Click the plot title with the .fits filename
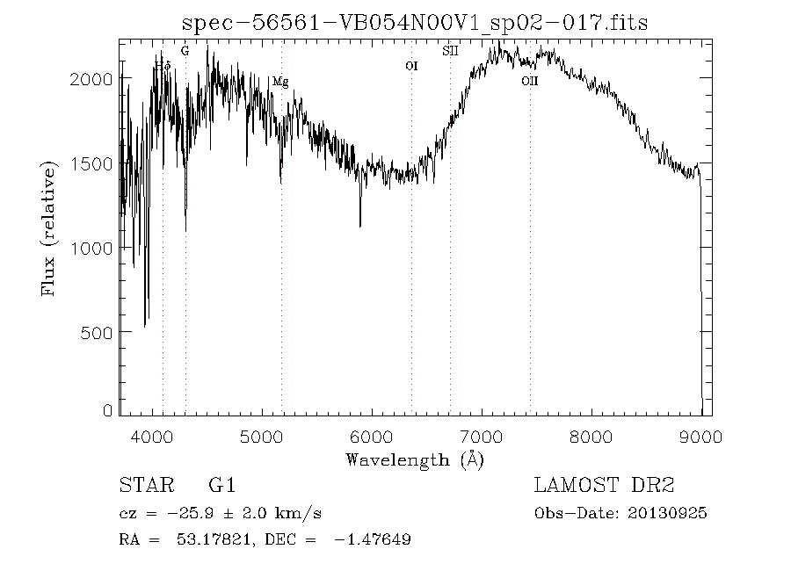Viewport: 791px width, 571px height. pyautogui.click(x=414, y=23)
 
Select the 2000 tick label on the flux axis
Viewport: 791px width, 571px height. pyautogui.click(x=91, y=79)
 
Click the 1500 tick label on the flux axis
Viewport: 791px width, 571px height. pyautogui.click(x=91, y=163)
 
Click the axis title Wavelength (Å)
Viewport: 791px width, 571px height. pyautogui.click(x=415, y=459)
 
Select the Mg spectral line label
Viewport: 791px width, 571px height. pyautogui.click(x=280, y=82)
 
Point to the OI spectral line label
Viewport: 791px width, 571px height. pyautogui.click(x=410, y=66)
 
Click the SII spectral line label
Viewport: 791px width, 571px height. pyautogui.click(x=450, y=51)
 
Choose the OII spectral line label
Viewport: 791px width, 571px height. pyautogui.click(x=529, y=82)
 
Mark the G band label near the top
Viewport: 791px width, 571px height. pyautogui.click(x=185, y=51)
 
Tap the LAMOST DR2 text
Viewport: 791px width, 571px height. pyautogui.click(x=604, y=485)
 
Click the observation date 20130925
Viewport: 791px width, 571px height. pyautogui.click(x=668, y=514)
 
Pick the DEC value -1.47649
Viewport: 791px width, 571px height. pyautogui.click(x=372, y=539)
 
